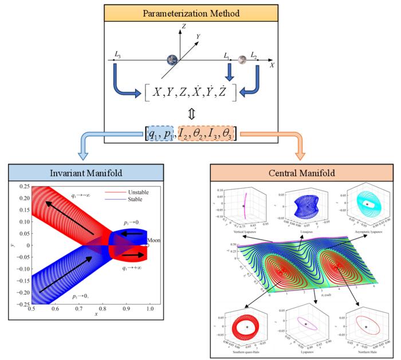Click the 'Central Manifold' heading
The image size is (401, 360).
tap(300, 173)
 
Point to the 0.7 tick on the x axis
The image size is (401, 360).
tap(77, 309)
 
